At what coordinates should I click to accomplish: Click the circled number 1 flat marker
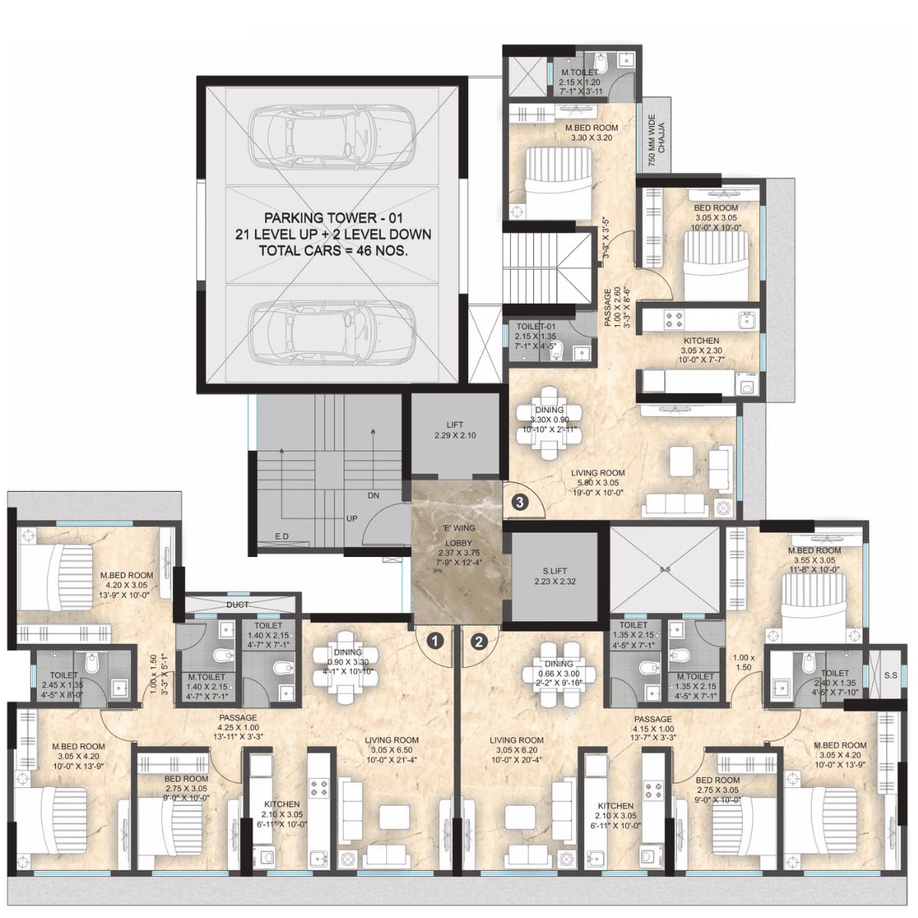tap(435, 641)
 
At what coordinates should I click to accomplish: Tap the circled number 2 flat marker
tap(479, 641)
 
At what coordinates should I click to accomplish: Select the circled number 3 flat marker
tap(519, 503)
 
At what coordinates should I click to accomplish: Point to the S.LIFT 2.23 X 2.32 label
tap(555, 576)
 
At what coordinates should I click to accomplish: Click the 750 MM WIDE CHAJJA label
tap(656, 141)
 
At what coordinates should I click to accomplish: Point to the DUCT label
tap(237, 604)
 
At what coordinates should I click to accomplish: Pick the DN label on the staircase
tap(373, 496)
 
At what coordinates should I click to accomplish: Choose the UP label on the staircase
tap(351, 519)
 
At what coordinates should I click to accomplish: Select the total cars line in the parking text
tap(332, 250)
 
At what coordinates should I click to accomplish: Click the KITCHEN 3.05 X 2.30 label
tap(701, 346)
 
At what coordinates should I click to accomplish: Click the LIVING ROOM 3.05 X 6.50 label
tap(391, 745)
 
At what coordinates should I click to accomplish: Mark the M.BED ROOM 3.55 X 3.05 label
tap(815, 555)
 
